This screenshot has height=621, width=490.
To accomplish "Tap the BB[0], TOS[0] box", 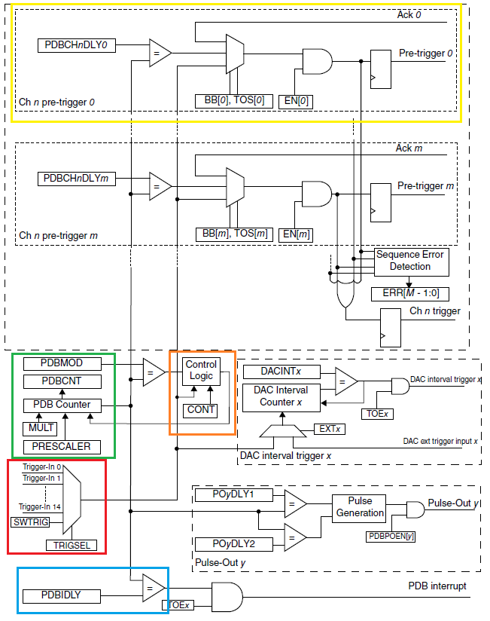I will click(233, 100).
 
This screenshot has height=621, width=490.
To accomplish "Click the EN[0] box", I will click(296, 100).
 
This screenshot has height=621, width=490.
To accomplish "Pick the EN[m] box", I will click(296, 234).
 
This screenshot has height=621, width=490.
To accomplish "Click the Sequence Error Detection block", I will click(409, 261).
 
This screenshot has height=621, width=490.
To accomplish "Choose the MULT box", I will click(38, 429).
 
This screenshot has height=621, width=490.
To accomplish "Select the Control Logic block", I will click(201, 370).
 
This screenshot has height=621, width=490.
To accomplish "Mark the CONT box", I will click(201, 410).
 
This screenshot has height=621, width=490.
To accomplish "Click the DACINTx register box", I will click(281, 372).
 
